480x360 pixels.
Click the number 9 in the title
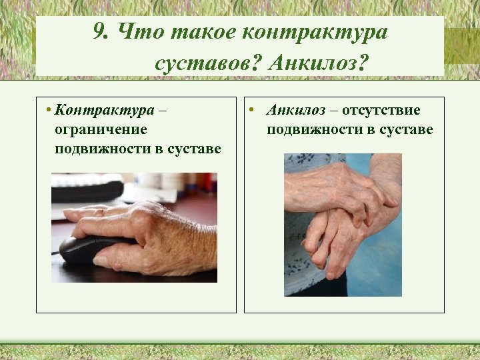(x=100, y=32)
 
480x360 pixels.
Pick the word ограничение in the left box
(x=101, y=129)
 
